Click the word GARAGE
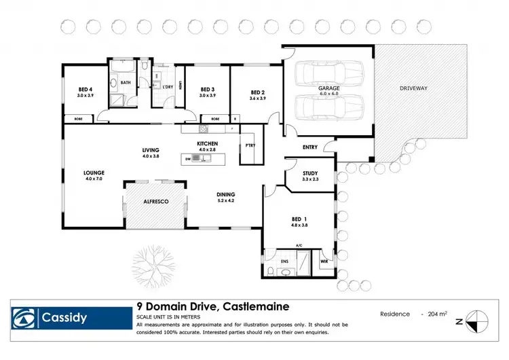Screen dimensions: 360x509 coord(329,88)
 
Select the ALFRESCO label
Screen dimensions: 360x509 coord(155,201)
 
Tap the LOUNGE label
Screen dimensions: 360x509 coord(94,173)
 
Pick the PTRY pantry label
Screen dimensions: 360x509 coord(250,145)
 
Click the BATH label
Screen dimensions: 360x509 coord(126,83)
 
